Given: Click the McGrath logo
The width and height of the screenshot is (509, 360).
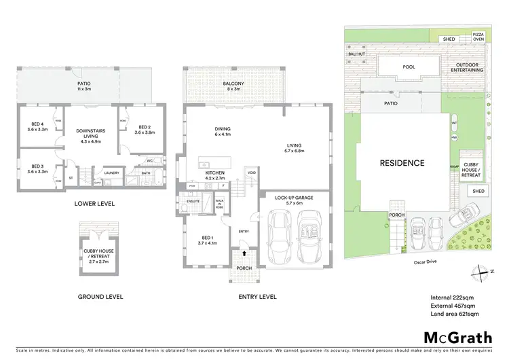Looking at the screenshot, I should tap(453, 338).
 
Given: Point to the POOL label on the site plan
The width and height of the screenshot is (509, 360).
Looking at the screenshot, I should tap(409, 67).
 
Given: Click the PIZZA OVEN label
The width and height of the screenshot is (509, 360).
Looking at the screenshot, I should tap(478, 36).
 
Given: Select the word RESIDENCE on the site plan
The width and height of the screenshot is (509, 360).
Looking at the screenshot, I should tap(402, 163).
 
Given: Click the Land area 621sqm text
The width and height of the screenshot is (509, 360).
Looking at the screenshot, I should tap(455, 314).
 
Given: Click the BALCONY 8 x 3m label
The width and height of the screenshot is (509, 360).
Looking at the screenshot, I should tap(233, 86).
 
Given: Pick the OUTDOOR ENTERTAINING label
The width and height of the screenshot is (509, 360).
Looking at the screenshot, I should tap(464, 67).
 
